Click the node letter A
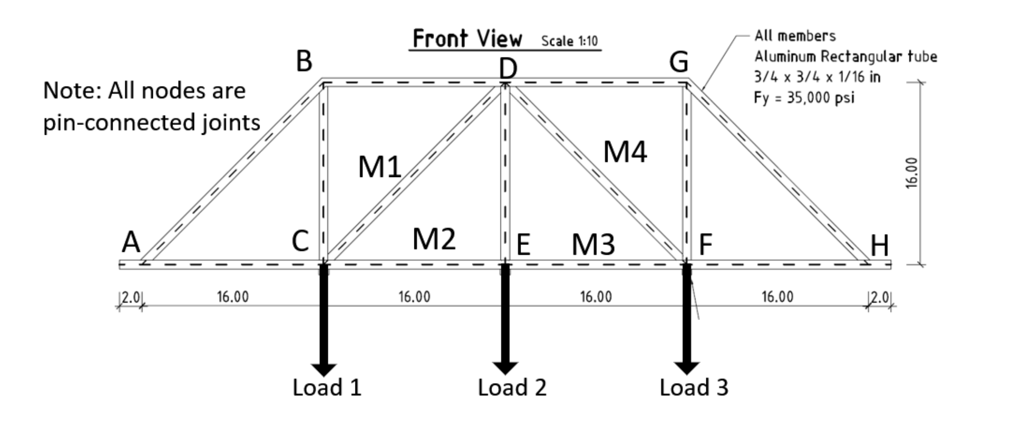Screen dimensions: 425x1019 pyautogui.click(x=131, y=242)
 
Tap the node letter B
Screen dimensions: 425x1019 pyautogui.click(x=304, y=62)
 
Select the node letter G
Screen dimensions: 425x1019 pyautogui.click(x=679, y=62)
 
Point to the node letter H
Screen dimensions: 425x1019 pyautogui.click(x=879, y=245)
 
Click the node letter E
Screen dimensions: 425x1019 pyautogui.click(x=523, y=244)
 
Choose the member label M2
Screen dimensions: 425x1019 pyautogui.click(x=434, y=239)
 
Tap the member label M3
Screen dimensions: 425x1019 pyautogui.click(x=593, y=244)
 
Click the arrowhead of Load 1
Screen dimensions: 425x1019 pyautogui.click(x=323, y=369)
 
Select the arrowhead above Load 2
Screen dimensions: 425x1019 pyautogui.click(x=505, y=368)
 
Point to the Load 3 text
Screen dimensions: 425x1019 pyautogui.click(x=694, y=388)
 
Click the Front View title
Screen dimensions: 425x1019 pyautogui.click(x=467, y=39)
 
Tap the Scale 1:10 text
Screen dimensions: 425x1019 pyautogui.click(x=569, y=41)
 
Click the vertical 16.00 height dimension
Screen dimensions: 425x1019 pyautogui.click(x=912, y=173)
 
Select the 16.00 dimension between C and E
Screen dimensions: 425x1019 pyautogui.click(x=414, y=297)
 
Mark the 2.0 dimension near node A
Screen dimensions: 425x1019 pyautogui.click(x=131, y=297)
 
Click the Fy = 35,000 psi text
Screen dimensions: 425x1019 pyautogui.click(x=804, y=98)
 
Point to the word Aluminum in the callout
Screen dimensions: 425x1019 pyautogui.click(x=786, y=57)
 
